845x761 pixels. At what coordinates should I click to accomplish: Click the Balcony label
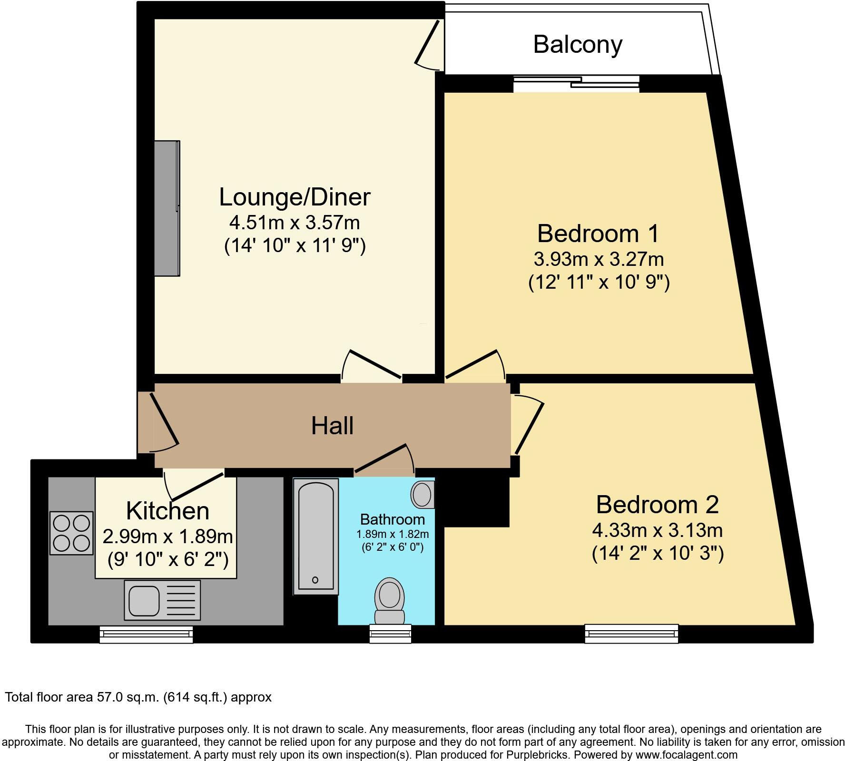pyautogui.click(x=577, y=45)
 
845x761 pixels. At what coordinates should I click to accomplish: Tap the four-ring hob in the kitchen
pyautogui.click(x=71, y=533)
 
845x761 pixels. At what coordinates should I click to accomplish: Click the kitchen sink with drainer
pyautogui.click(x=162, y=600)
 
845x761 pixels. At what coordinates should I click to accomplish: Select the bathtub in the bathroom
pyautogui.click(x=315, y=536)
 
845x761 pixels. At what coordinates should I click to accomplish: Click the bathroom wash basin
pyautogui.click(x=422, y=494)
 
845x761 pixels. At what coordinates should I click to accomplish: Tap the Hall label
pyautogui.click(x=332, y=426)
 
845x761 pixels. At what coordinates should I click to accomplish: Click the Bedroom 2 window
pyautogui.click(x=631, y=634)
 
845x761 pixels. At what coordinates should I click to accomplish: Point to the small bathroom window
pyautogui.click(x=390, y=634)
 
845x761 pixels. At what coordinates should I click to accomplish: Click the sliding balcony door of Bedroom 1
pyautogui.click(x=576, y=83)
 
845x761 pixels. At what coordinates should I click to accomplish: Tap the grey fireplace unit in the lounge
pyautogui.click(x=167, y=208)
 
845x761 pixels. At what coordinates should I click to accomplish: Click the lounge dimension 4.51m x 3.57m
pyautogui.click(x=295, y=222)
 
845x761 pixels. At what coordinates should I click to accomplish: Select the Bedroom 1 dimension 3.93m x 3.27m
pyautogui.click(x=599, y=259)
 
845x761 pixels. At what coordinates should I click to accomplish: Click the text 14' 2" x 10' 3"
pyautogui.click(x=658, y=553)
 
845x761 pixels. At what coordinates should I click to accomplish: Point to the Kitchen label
pyautogui.click(x=167, y=511)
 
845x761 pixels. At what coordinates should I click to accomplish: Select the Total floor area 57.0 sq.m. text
pyautogui.click(x=138, y=697)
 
